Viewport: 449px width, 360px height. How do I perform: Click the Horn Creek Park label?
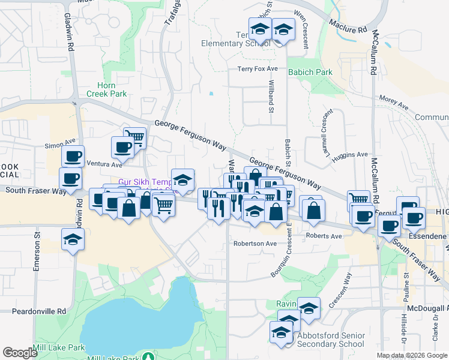tap(106, 89)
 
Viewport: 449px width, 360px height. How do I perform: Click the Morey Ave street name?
tap(393, 103)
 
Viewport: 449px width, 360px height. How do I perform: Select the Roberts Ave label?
tap(324, 236)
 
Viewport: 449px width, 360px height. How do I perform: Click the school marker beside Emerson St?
tap(73, 238)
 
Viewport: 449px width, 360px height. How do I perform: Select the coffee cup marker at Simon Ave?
tap(73, 156)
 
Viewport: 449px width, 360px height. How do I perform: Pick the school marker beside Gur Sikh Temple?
tap(182, 179)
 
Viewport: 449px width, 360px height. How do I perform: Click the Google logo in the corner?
tap(20, 353)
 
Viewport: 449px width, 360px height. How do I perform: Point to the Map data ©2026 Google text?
tap(411, 355)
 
